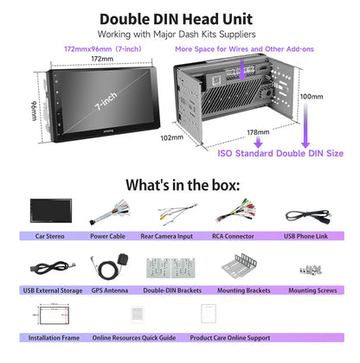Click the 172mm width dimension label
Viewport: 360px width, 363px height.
click(102, 59)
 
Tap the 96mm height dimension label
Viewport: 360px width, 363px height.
click(34, 111)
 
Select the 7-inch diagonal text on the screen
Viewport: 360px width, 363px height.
click(106, 101)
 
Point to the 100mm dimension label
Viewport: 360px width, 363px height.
click(312, 97)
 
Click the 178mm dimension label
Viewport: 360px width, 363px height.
click(258, 132)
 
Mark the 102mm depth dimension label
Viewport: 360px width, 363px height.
click(172, 137)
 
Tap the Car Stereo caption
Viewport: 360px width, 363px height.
click(49, 236)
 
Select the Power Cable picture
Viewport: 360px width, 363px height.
click(110, 213)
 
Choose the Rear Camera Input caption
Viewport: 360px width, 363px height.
click(166, 236)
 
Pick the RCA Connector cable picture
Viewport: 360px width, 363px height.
click(235, 211)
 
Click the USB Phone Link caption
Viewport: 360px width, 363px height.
click(305, 236)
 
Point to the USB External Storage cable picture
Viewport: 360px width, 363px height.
click(53, 268)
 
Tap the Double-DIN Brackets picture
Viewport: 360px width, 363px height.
click(170, 268)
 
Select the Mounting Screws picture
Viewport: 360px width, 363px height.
click(311, 270)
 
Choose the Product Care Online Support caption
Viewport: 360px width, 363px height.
click(230, 338)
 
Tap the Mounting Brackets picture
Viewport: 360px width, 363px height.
click(239, 266)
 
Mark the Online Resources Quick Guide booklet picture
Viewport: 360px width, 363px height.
click(138, 315)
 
